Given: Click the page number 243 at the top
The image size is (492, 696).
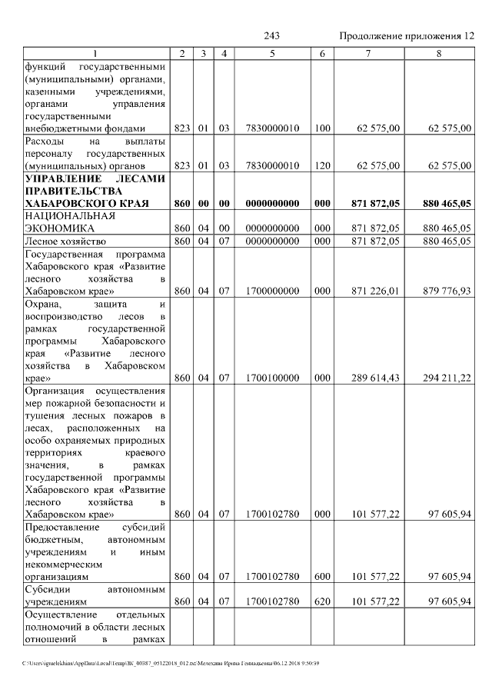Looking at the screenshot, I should [x=271, y=36].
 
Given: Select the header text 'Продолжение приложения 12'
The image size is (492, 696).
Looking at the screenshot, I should [x=407, y=36].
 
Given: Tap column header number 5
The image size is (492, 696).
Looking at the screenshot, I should [x=273, y=53].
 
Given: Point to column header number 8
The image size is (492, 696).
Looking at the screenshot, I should [x=438, y=53].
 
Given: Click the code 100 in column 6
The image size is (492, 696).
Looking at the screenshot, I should [x=322, y=128].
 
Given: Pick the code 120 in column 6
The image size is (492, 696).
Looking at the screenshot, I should [x=322, y=165].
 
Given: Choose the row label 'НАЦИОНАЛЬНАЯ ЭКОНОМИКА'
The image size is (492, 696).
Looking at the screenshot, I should [x=70, y=222].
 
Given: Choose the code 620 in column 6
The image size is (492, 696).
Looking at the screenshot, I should [x=322, y=601].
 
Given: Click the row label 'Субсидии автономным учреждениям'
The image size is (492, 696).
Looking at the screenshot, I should [x=95, y=594].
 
